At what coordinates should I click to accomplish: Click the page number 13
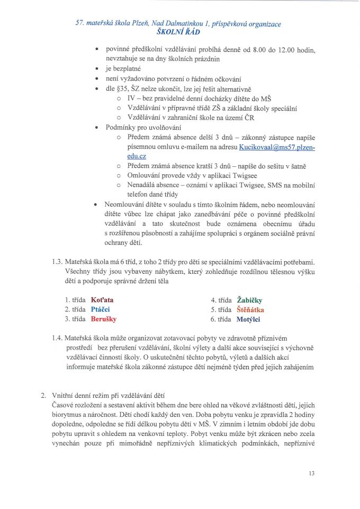311,473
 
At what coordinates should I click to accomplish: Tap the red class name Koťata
102,300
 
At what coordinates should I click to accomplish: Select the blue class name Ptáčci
101,309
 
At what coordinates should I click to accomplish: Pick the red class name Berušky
104,319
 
